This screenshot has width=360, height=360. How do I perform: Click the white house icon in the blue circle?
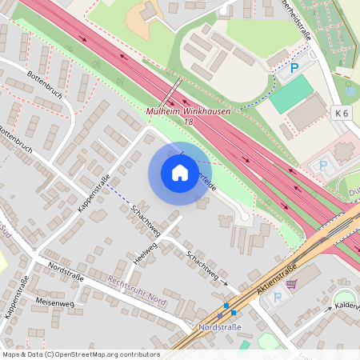pos(180,172)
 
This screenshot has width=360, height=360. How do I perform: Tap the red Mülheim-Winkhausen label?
pos(188,111)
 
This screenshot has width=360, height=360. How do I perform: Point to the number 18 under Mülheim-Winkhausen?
pos(188,121)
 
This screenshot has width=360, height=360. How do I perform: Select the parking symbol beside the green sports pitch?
pos(294,69)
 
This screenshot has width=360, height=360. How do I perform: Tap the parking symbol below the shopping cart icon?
pos(278,298)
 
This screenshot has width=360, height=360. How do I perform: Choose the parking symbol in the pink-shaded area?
pos(324,166)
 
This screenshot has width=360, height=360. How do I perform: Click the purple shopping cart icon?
pos(291,283)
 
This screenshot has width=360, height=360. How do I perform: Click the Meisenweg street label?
pos(54,303)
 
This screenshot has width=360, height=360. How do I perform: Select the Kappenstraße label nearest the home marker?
pos(94,192)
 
